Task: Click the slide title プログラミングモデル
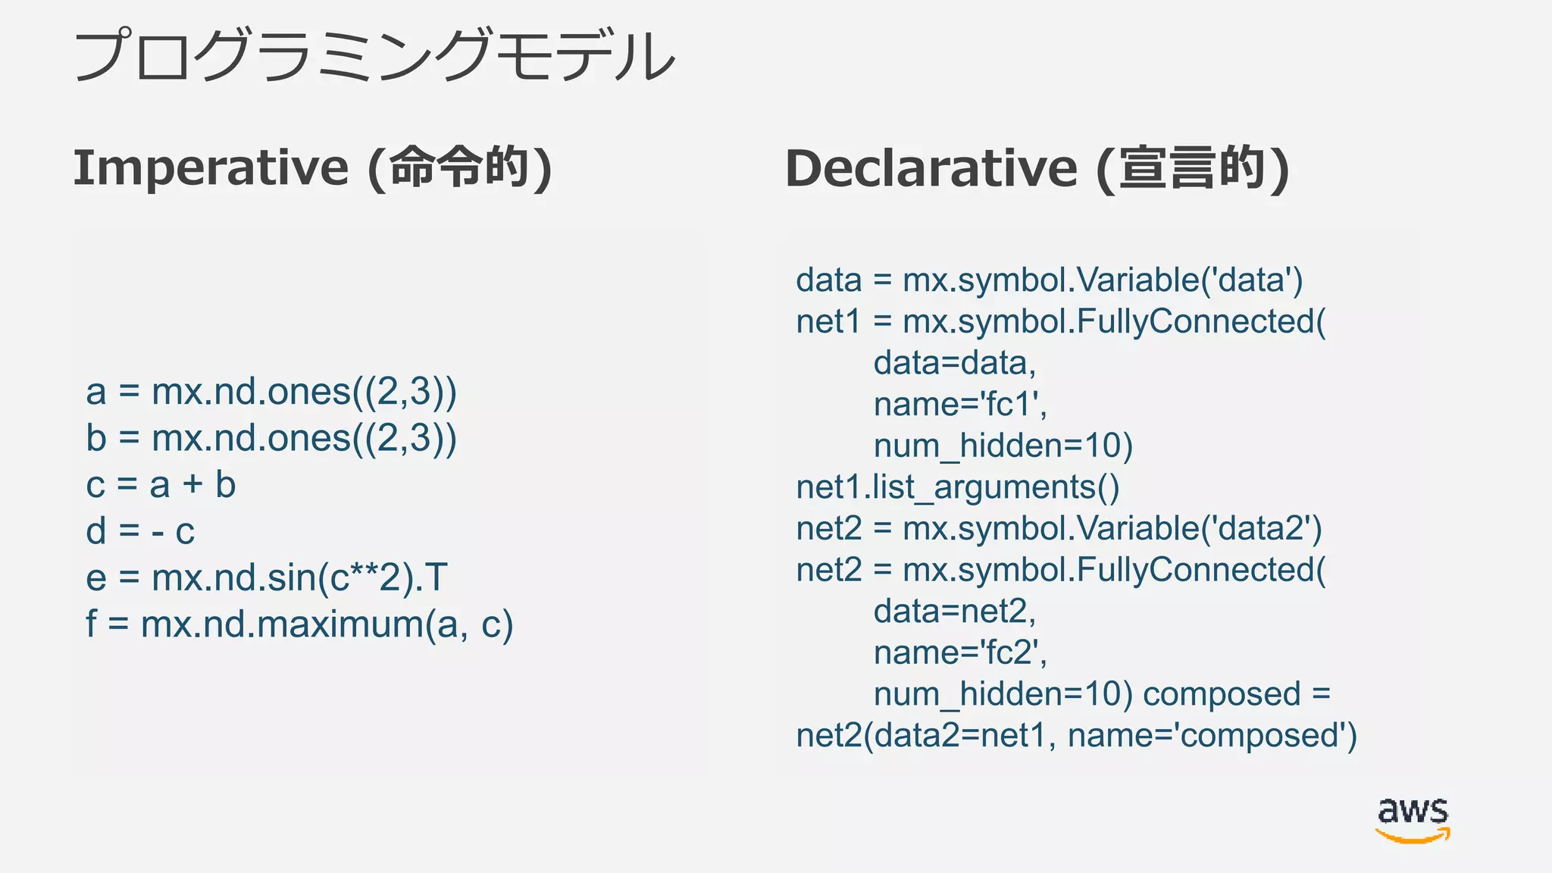(x=374, y=56)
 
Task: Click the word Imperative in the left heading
(x=211, y=167)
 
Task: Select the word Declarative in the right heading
(x=931, y=168)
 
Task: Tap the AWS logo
(x=1413, y=819)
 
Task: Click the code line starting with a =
(x=271, y=392)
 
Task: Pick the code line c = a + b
(x=161, y=485)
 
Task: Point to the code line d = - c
(x=140, y=531)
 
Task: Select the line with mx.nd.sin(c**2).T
(x=267, y=577)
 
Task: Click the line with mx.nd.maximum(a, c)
(x=299, y=624)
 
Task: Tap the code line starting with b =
(x=271, y=439)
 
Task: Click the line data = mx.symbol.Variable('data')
(x=1049, y=280)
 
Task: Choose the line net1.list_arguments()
(x=957, y=487)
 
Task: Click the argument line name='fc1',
(x=960, y=405)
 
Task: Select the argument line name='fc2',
(x=960, y=652)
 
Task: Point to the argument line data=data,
(x=954, y=363)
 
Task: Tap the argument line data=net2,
(x=954, y=612)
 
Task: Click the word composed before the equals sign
(x=1222, y=694)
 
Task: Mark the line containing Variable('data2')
(x=1059, y=528)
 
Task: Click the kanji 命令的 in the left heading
(x=459, y=167)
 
